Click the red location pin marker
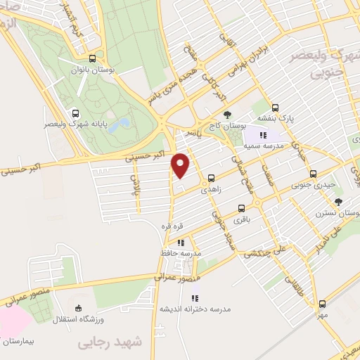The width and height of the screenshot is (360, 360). [x=181, y=165]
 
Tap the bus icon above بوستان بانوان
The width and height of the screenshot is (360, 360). [x=93, y=59]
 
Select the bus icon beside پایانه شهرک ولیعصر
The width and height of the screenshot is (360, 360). [x=75, y=112]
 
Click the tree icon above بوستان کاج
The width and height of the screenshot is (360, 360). [x=226, y=114]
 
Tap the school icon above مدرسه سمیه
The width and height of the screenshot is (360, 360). [x=263, y=134]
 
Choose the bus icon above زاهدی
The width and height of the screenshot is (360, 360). [x=211, y=179]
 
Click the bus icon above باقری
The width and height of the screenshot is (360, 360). [x=241, y=208]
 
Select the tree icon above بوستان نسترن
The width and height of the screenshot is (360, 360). [x=339, y=202]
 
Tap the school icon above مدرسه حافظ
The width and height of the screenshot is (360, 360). [x=181, y=243]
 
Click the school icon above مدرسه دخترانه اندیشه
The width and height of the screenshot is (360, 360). [x=195, y=299]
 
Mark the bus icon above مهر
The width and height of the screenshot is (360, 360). [x=322, y=304]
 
